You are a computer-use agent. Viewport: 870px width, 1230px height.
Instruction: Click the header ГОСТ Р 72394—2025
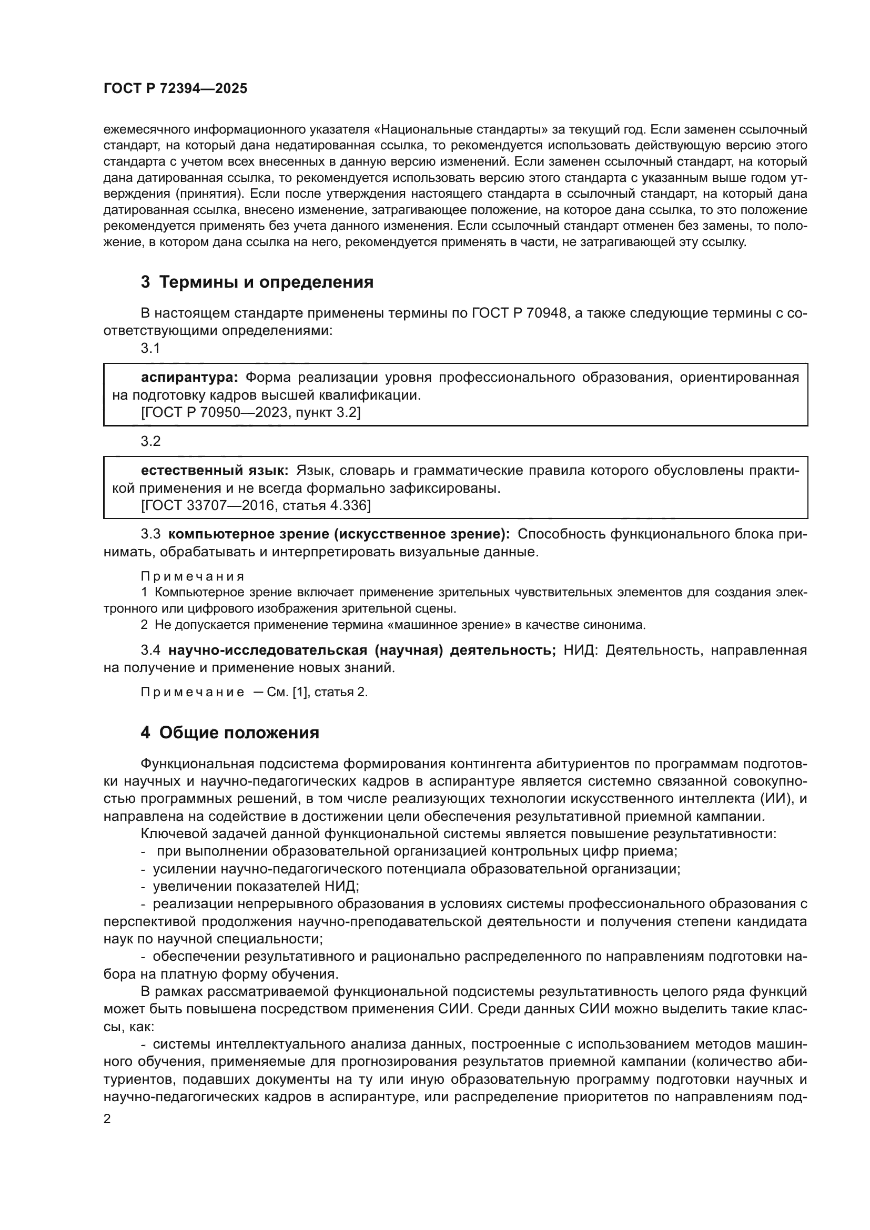click(175, 89)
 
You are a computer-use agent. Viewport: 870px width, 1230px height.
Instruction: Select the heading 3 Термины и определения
click(257, 282)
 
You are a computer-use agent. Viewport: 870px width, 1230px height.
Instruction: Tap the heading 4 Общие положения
click(230, 733)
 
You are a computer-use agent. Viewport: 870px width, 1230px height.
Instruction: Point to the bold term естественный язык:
click(215, 470)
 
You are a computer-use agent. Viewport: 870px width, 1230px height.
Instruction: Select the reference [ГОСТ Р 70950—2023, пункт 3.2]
click(251, 412)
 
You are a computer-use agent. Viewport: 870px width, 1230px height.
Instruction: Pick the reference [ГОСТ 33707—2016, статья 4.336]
click(256, 505)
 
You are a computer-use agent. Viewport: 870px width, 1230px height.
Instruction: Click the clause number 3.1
click(150, 348)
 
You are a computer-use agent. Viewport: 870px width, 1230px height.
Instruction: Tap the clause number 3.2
click(150, 441)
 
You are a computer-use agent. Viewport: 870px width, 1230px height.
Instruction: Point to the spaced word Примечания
click(193, 576)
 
